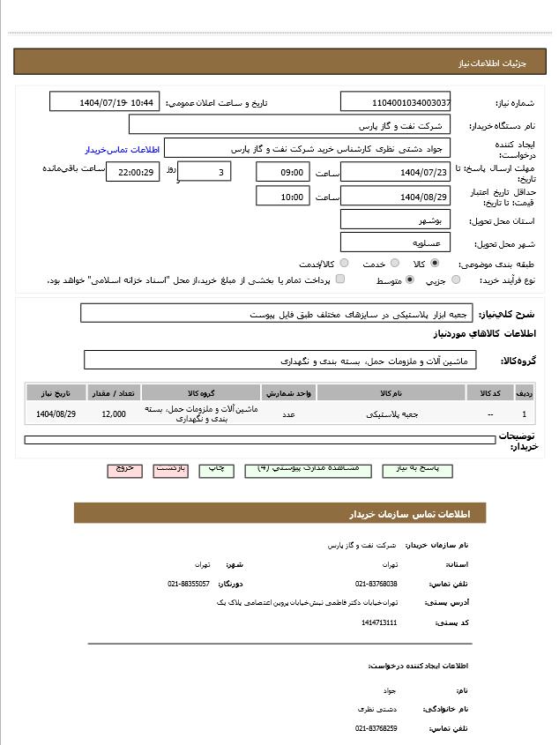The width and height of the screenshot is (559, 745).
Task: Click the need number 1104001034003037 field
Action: [x=395, y=102]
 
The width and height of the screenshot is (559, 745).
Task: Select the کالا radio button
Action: [x=435, y=263]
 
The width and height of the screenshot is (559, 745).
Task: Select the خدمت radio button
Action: [x=393, y=263]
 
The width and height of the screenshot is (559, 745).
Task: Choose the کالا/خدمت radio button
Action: [x=344, y=263]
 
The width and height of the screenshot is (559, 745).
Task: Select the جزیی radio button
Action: [x=456, y=280]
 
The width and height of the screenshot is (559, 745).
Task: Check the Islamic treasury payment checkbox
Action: [x=340, y=279]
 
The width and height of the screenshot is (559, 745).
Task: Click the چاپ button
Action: [x=215, y=469]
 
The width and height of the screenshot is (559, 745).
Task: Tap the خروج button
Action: [x=125, y=469]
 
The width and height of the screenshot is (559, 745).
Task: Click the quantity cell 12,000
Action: [x=114, y=413]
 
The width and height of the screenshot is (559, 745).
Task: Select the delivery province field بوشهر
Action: [x=395, y=220]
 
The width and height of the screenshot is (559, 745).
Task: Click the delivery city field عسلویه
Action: [x=395, y=242]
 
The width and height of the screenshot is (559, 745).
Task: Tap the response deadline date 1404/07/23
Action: [x=395, y=173]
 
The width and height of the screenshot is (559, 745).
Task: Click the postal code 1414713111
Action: [x=379, y=622]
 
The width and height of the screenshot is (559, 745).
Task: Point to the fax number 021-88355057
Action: [x=189, y=584]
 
